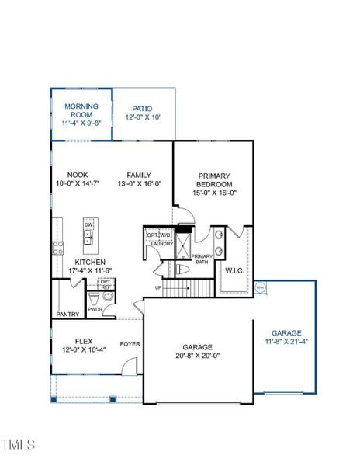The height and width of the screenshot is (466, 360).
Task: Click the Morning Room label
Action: [x=81, y=110]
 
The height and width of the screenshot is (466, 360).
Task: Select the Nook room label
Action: [x=77, y=175]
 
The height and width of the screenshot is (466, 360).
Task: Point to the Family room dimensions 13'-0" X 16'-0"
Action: [x=139, y=184]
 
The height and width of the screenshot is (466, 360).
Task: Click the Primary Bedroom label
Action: [x=214, y=180]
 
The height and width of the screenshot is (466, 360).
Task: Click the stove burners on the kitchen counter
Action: [x=57, y=248]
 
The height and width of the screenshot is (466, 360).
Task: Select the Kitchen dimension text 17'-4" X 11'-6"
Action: [x=90, y=271]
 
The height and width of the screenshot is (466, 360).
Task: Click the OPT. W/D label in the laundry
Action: [x=159, y=235]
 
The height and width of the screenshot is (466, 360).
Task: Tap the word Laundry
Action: [x=162, y=244]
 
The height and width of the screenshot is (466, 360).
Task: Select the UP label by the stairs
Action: [x=160, y=287]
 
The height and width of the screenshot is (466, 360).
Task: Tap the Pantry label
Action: [x=67, y=315]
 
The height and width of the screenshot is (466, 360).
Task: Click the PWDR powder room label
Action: [x=95, y=309]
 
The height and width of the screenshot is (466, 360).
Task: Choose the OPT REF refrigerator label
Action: [x=105, y=284]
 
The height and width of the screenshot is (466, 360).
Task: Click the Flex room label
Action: [x=84, y=341]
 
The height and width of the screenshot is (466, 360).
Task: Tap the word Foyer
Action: [x=130, y=343]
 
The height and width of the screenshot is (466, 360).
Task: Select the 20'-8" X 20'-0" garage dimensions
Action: [x=198, y=356]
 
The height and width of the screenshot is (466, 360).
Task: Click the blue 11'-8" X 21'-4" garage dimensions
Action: [x=286, y=340]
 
